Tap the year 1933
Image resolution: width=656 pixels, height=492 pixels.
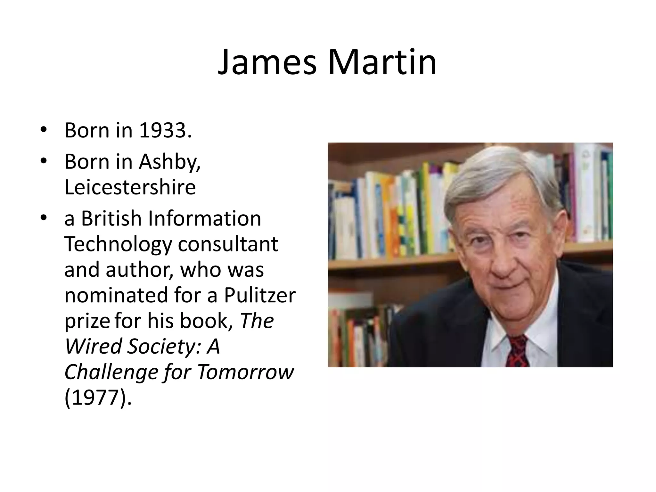[x=165, y=131]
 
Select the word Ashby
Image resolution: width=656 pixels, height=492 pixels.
[x=169, y=162]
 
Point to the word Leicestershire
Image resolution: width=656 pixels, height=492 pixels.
[x=130, y=187]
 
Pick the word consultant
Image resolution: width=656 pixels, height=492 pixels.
[x=228, y=244]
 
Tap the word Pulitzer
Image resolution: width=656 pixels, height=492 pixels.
[x=259, y=295]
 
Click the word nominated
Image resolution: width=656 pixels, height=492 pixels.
[x=116, y=295]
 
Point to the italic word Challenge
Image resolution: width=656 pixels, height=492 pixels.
[x=111, y=372]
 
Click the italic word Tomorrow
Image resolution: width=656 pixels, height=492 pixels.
[x=245, y=372]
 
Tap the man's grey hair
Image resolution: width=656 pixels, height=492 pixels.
[x=500, y=173]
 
